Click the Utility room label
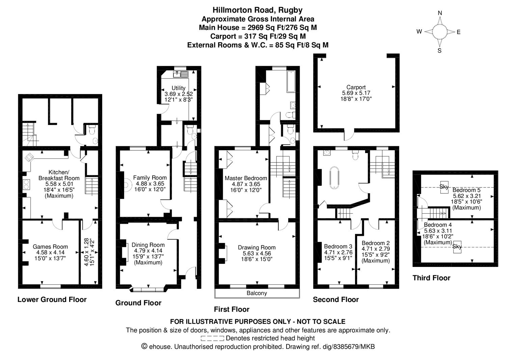coord(178,88)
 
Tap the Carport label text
coord(356,87)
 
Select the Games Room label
coord(50,247)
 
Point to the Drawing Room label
coord(256,247)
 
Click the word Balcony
coord(256,293)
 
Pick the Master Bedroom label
coord(246,178)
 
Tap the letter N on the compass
coord(440,13)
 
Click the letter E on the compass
coord(458,32)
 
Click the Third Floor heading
coord(431,278)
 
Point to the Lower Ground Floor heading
coord(52,299)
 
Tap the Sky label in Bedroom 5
coord(444,186)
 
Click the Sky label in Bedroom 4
coord(457,246)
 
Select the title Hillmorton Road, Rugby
coord(257,10)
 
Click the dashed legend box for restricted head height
coord(212,338)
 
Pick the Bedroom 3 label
coord(338,246)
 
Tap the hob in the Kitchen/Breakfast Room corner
coord(29,157)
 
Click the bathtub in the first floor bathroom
coord(291,82)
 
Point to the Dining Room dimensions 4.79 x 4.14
coord(148,250)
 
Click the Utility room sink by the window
coord(181,74)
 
